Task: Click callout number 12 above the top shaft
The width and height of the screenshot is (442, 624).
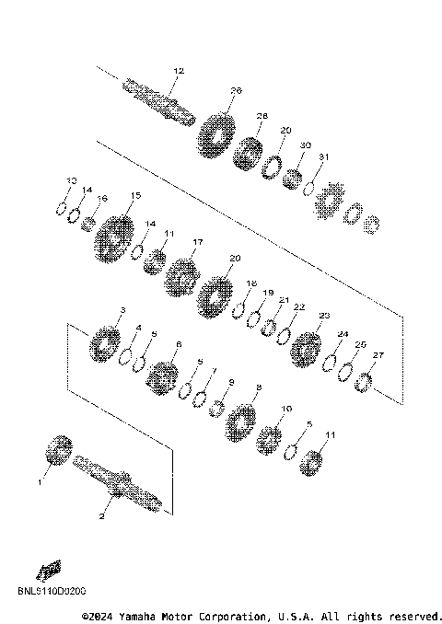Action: click(179, 71)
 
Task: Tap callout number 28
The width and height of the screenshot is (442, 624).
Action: click(262, 116)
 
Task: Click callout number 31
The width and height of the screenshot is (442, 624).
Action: click(323, 157)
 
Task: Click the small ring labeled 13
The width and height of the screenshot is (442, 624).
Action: click(62, 208)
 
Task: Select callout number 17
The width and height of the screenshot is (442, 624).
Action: click(196, 242)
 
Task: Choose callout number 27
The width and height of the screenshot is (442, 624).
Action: click(378, 355)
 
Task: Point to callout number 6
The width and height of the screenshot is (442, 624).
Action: click(178, 344)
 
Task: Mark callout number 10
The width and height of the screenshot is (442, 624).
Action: click(286, 409)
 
